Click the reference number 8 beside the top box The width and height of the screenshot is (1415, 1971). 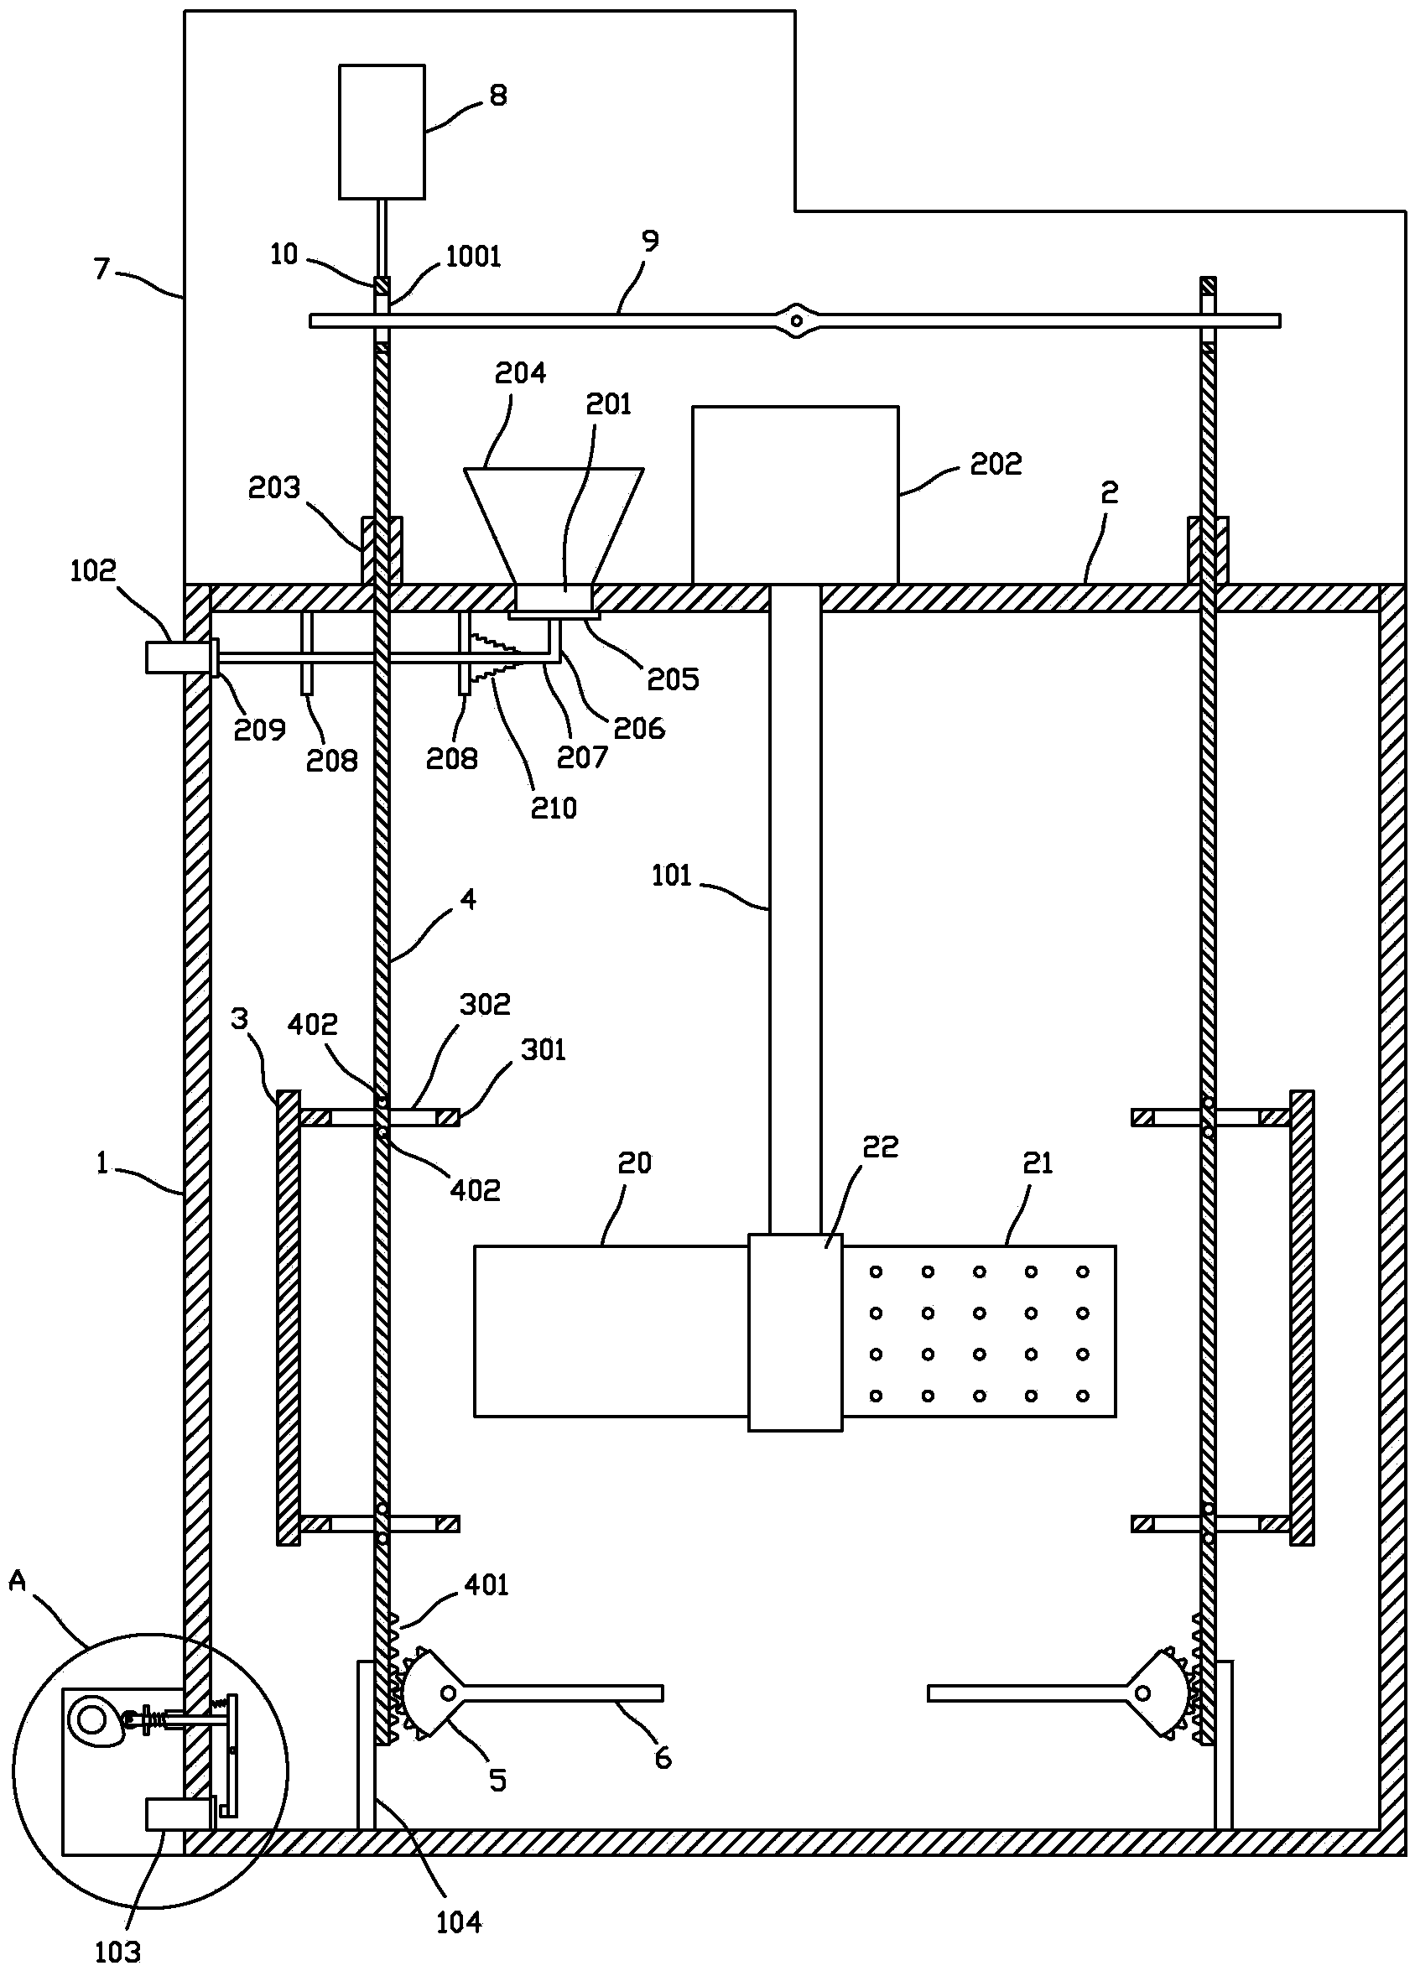click(498, 95)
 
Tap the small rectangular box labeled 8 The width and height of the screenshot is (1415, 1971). click(382, 131)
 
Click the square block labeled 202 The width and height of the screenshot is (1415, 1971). click(795, 495)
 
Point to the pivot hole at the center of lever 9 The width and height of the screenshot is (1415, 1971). click(795, 320)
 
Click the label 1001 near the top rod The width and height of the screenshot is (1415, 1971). click(473, 257)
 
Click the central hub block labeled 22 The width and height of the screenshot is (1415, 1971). click(795, 1331)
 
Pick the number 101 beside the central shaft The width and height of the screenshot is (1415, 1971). click(672, 875)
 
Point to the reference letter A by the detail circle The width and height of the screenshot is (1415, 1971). click(18, 1582)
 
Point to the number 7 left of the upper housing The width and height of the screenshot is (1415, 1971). click(102, 269)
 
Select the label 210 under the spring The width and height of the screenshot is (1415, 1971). click(554, 809)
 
